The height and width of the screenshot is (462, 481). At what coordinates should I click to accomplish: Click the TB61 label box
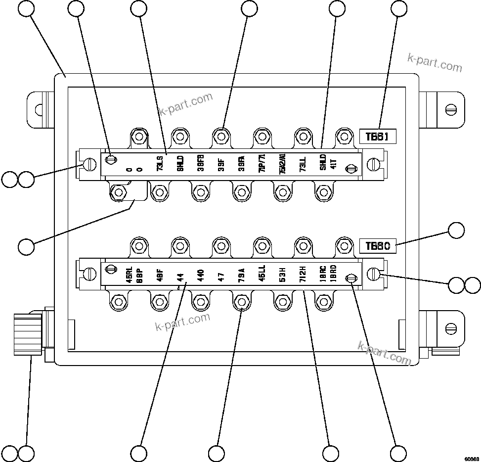point(378,137)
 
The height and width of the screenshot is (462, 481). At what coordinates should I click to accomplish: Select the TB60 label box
point(378,246)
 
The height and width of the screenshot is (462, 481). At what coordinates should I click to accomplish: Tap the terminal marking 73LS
point(160,164)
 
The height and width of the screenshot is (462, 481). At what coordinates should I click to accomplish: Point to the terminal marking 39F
point(221,164)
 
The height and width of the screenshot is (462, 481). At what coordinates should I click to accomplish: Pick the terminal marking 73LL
point(303,164)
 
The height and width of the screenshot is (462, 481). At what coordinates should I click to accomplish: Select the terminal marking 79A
point(241,274)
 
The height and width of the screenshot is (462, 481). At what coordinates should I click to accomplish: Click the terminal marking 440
point(200,274)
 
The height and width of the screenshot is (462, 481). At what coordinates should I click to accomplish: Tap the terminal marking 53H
point(282,274)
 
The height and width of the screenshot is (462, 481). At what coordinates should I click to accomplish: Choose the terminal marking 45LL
point(262,274)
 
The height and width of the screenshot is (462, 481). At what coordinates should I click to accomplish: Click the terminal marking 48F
point(160,274)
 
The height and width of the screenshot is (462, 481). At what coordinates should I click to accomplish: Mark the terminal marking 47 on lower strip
point(221,274)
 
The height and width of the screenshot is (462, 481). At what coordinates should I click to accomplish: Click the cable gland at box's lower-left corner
point(28,331)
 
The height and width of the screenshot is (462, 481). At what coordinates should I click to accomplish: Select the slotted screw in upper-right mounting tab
point(450,108)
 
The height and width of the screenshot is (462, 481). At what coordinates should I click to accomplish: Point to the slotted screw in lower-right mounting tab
point(450,328)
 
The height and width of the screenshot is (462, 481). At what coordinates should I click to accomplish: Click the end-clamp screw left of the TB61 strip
point(90,164)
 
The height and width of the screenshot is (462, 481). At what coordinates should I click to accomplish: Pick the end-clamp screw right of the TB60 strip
point(375,274)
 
